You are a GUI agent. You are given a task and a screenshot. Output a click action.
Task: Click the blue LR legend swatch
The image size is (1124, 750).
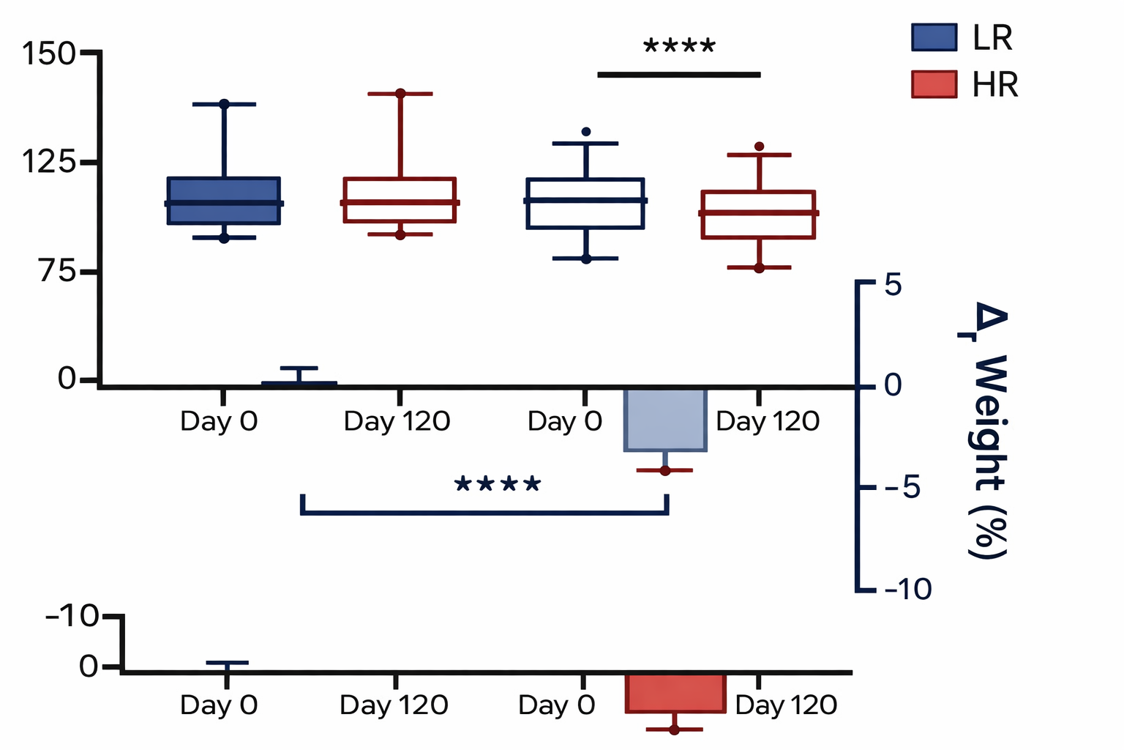(x=934, y=37)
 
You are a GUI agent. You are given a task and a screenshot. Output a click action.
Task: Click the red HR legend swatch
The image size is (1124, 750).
(x=934, y=84)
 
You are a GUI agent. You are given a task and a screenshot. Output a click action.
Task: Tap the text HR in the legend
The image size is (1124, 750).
(x=995, y=85)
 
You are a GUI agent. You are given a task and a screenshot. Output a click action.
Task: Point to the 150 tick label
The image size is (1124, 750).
(x=48, y=54)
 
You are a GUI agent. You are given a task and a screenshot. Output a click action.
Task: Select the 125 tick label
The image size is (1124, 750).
(x=48, y=162)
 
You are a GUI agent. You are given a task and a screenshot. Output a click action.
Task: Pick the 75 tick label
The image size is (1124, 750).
(x=58, y=272)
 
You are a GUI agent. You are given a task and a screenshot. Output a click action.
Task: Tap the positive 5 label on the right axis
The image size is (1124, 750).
(x=893, y=285)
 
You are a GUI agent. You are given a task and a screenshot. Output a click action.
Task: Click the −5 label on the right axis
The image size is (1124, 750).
(x=902, y=487)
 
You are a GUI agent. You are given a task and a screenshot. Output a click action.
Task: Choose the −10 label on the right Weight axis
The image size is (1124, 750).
(x=908, y=589)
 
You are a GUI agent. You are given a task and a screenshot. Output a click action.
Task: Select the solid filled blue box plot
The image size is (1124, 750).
(x=224, y=201)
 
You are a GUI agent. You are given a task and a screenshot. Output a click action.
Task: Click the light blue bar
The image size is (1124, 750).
(x=665, y=420)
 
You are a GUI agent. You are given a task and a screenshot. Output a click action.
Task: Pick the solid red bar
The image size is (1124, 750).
(x=675, y=693)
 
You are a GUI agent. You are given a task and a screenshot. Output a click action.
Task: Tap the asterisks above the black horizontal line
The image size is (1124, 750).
(x=678, y=48)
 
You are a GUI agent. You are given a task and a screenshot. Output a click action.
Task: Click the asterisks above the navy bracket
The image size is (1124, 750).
(x=498, y=485)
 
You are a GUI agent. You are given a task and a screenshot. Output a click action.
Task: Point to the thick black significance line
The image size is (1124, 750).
(x=679, y=74)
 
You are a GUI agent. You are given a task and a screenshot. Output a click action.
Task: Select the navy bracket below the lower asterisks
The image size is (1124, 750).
(x=484, y=512)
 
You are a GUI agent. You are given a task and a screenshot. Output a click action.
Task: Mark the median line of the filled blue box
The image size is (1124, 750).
(x=224, y=203)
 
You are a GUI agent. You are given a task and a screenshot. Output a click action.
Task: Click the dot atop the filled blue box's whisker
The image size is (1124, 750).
(x=224, y=105)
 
